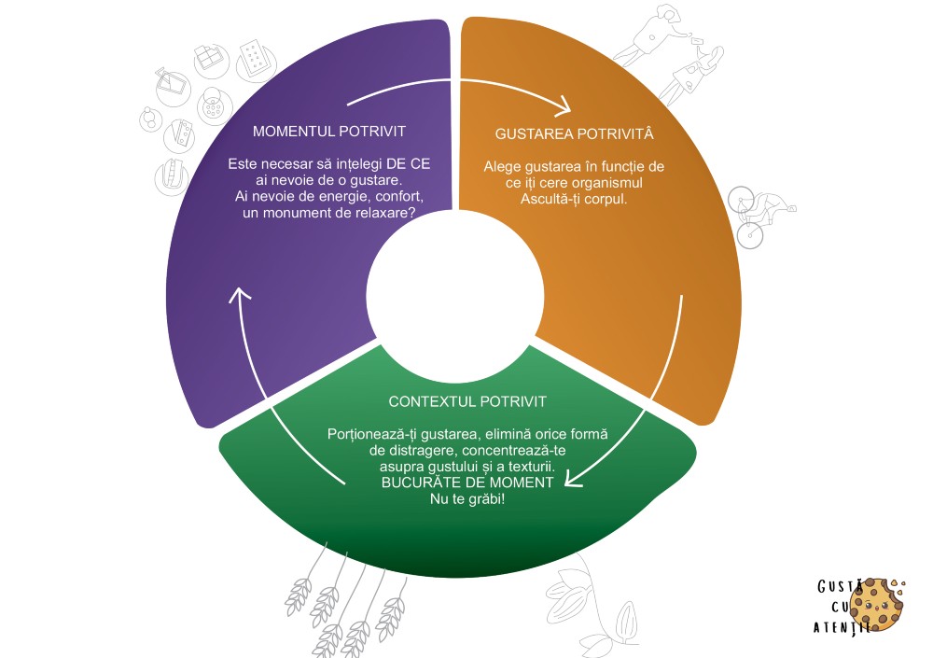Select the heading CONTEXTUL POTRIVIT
point(467,402)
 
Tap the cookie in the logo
point(877,604)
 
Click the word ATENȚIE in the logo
point(843,627)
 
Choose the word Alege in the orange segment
point(502,167)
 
